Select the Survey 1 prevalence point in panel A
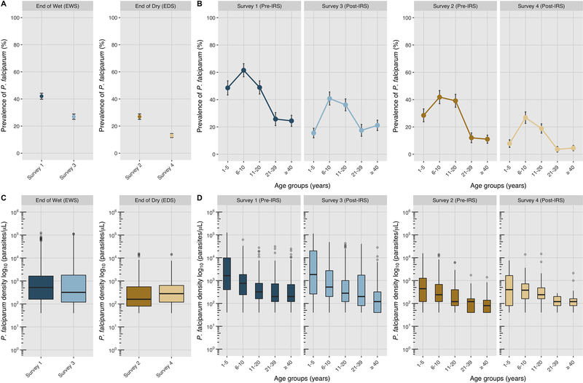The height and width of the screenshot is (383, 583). (x=42, y=96)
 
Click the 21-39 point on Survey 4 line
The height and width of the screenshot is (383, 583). (x=557, y=149)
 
